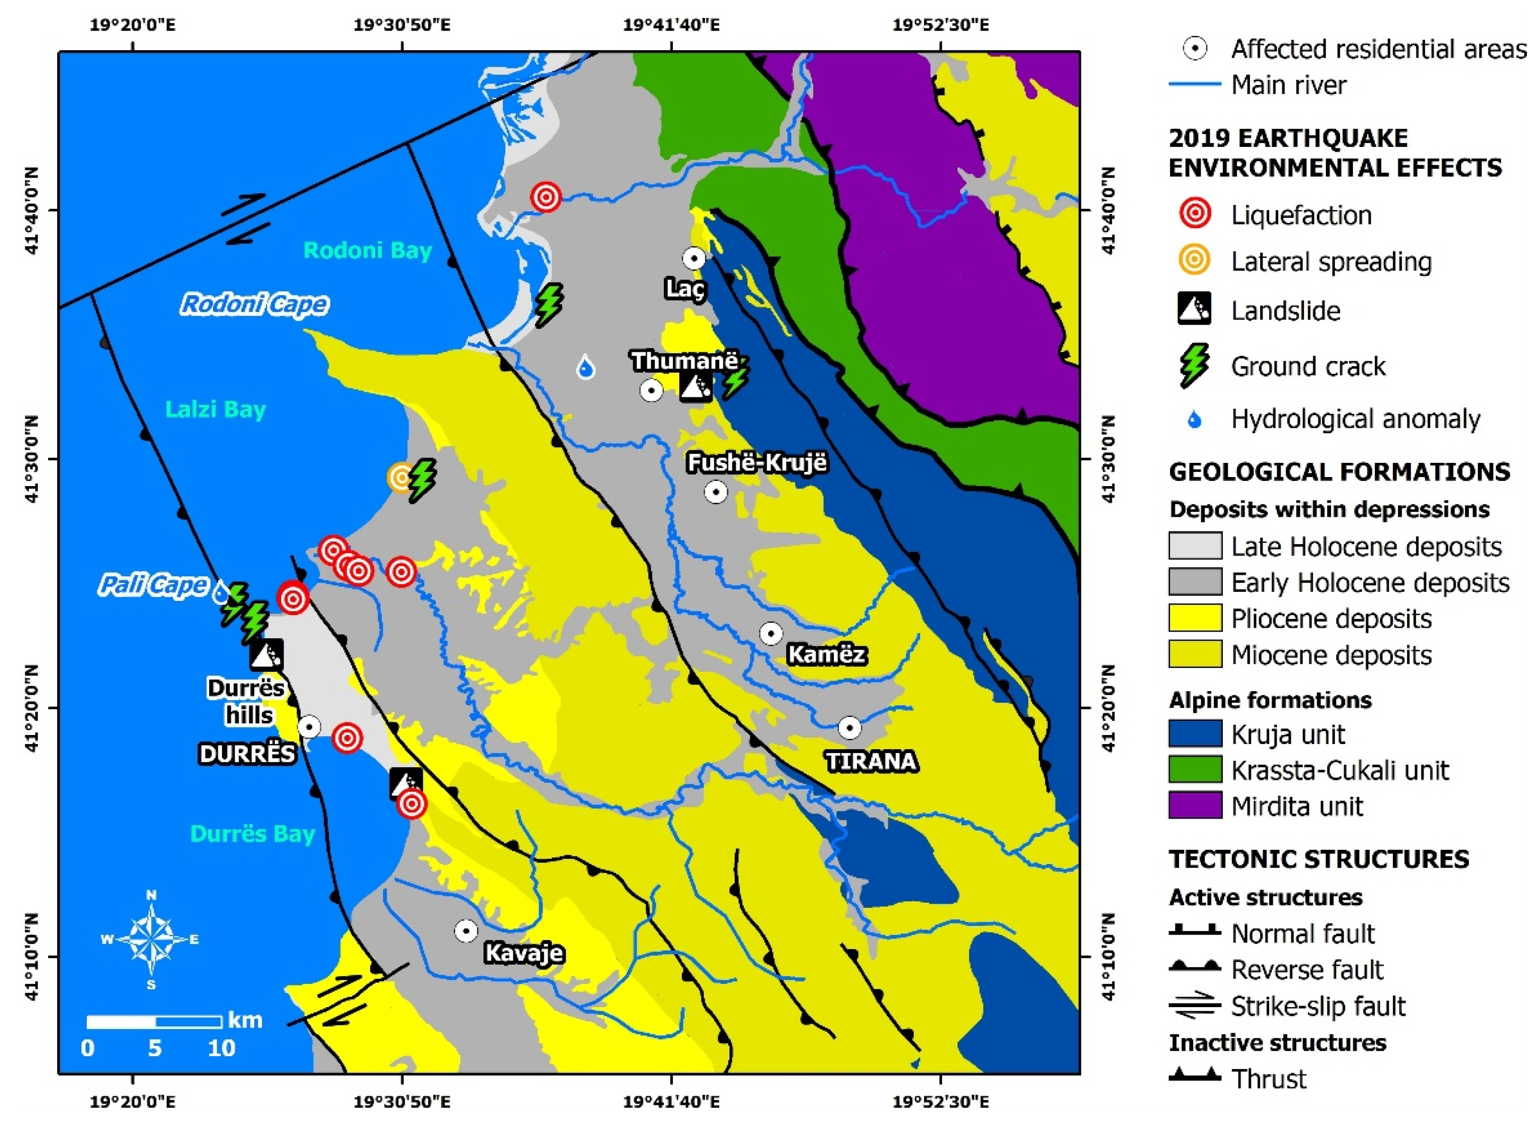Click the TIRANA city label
(870, 761)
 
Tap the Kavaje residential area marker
(466, 930)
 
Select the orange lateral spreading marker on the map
(401, 477)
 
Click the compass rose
(152, 939)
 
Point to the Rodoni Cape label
(254, 304)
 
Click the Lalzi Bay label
(215, 410)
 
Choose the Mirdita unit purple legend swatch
(1194, 806)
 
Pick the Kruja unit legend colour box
(1194, 734)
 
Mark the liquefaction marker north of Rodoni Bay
(546, 197)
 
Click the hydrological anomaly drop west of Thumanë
(585, 367)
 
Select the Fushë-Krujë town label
(756, 462)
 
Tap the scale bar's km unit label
(245, 1020)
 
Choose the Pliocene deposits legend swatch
(1194, 618)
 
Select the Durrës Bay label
(252, 834)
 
